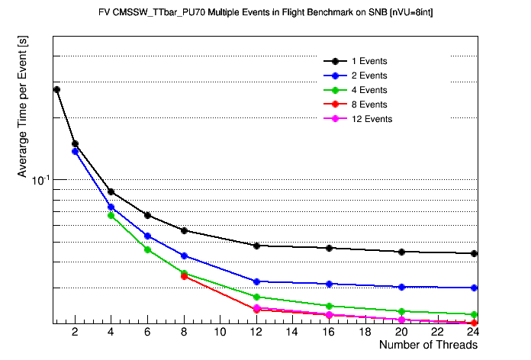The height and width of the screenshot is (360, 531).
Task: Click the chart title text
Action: [x=265, y=13]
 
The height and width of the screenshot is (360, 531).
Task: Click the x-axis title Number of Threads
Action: [x=428, y=345]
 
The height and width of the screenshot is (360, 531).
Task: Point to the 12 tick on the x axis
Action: [x=256, y=333]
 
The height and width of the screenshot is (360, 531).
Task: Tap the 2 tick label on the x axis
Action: [x=75, y=333]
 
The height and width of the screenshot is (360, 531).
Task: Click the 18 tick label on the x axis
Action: [x=365, y=333]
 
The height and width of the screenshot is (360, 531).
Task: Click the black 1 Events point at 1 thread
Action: [x=56, y=89]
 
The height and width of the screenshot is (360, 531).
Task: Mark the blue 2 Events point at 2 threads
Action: [x=75, y=151]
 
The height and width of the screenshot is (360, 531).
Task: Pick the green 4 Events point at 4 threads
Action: [x=111, y=215]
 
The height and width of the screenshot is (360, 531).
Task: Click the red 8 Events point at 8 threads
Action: [x=184, y=276]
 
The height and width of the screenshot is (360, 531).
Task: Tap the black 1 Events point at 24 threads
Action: [x=475, y=253]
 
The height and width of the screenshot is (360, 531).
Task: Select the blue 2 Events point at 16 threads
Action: [x=329, y=284]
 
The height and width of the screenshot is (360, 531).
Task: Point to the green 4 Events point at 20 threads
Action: [x=401, y=311]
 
